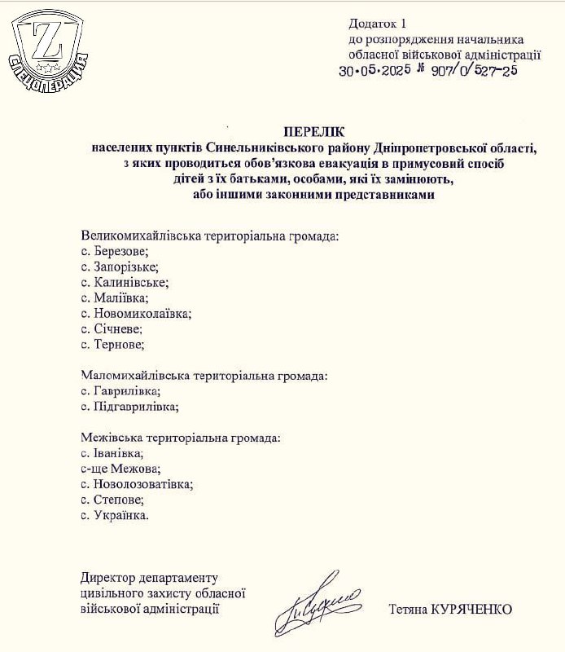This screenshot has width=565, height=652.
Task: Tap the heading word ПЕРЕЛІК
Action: click(314, 131)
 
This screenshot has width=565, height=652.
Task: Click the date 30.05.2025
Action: click(384, 71)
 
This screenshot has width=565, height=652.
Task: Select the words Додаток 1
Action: click(376, 24)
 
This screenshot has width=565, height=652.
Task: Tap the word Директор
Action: click(107, 578)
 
